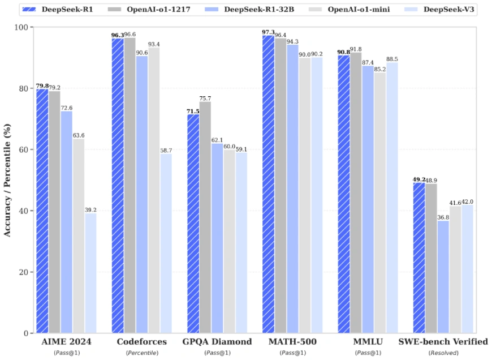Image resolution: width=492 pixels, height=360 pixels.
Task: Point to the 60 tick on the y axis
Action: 24,149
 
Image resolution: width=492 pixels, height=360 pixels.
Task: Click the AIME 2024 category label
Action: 66,342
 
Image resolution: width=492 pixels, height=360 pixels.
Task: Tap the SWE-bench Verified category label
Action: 443,342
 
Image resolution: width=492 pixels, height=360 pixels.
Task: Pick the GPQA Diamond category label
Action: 217,342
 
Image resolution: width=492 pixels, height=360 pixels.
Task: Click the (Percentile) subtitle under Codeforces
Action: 141,353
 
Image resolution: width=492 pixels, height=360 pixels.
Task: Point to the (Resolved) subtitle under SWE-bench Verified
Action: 443,353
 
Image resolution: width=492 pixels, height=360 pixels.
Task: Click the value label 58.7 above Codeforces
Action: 166,150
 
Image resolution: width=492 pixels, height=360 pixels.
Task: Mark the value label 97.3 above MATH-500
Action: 268,32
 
